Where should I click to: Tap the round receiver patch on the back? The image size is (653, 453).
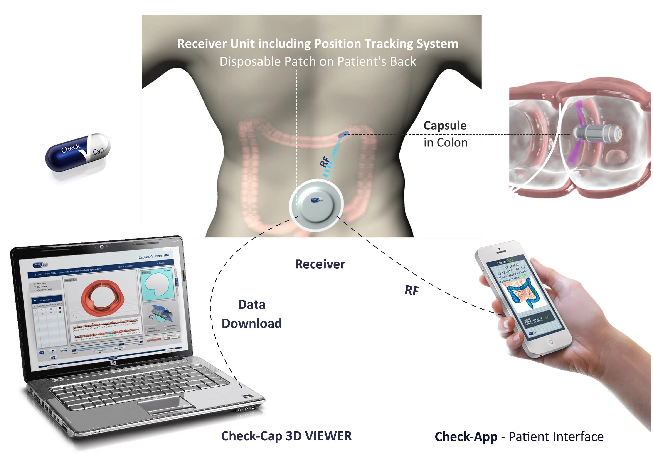coord(316,205)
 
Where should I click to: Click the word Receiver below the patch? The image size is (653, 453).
coord(320,264)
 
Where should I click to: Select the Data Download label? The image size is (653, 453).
coord(251,314)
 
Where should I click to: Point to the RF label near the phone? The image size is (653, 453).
coord(412,290)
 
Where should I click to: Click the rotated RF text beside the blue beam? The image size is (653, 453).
coord(325,161)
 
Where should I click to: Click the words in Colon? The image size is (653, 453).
coord(445,143)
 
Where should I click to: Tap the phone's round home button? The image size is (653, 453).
coord(551,342)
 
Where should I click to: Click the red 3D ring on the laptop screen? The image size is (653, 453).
coord(102,298)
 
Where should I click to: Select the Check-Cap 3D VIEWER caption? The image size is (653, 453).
coord(286,436)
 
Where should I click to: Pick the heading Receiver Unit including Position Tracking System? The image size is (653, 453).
coord(317,44)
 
